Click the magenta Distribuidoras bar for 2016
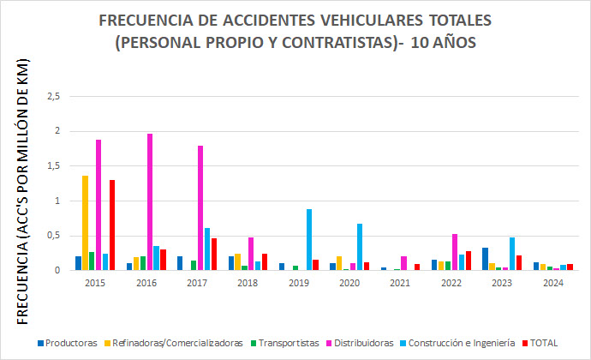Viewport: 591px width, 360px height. pos(150,202)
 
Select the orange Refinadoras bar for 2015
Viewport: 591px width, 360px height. pos(85,223)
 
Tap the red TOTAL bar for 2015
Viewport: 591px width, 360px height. pos(112,225)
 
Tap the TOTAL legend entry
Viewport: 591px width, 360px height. pos(542,343)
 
